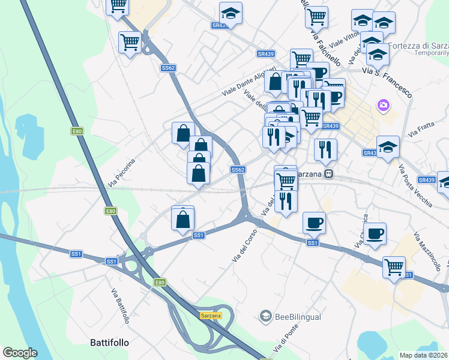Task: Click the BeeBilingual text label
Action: pyautogui.click(x=298, y=317)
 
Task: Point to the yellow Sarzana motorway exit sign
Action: pyautogui.click(x=211, y=315)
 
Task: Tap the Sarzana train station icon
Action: pyautogui.click(x=328, y=174)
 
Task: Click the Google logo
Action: pyautogui.click(x=20, y=352)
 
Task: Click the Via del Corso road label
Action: pyautogui.click(x=244, y=245)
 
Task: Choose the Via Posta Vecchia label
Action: pyautogui.click(x=414, y=185)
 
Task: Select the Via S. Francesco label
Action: pyautogui.click(x=387, y=82)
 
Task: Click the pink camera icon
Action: pyautogui.click(x=383, y=106)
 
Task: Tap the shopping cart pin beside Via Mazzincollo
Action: pyautogui.click(x=394, y=268)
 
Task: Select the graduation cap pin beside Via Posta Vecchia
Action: pyautogui.click(x=388, y=147)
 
